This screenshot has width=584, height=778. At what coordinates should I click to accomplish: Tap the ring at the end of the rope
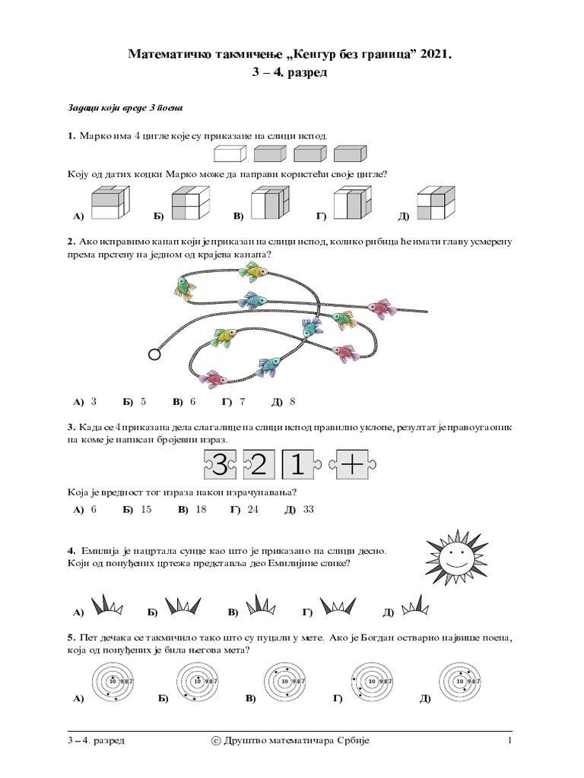point(154,353)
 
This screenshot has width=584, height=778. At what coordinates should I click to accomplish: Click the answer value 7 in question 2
point(242,401)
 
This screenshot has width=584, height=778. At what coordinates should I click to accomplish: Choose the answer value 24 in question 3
point(253,509)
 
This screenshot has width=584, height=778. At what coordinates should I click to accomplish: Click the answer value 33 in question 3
point(308,509)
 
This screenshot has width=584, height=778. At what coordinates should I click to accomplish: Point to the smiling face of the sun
point(455,561)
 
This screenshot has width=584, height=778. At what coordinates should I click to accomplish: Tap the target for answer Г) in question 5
point(372,682)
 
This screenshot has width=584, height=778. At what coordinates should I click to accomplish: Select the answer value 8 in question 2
point(292,401)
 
